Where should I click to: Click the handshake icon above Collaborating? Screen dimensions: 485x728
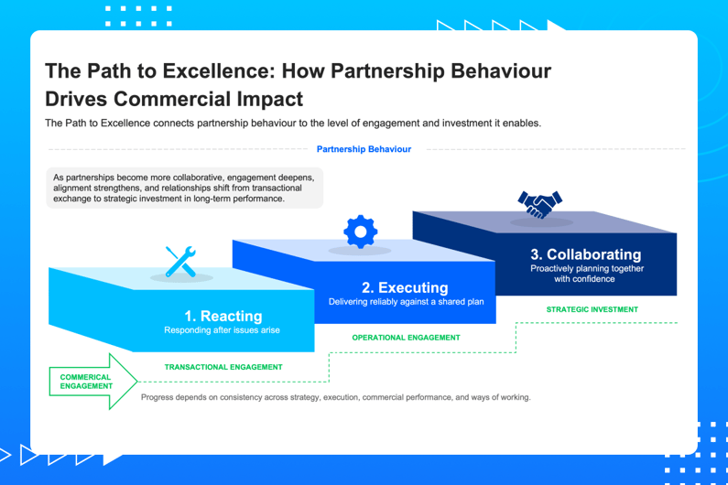tap(540, 202)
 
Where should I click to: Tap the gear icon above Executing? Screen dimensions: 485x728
tap(360, 232)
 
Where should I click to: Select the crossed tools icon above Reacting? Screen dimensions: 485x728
tap(180, 262)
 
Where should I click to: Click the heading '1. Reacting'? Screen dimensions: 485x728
tap(223, 317)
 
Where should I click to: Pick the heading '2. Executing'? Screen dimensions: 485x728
tap(405, 287)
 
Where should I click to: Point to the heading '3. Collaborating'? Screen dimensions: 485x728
tap(586, 254)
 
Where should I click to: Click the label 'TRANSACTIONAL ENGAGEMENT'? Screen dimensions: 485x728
tap(223, 367)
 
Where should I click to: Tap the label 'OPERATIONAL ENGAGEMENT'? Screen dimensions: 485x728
tap(406, 338)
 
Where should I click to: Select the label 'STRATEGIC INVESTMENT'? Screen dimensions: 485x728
tap(592, 309)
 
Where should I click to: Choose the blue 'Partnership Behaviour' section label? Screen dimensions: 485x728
tap(364, 149)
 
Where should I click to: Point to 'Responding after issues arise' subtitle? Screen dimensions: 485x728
tap(223, 330)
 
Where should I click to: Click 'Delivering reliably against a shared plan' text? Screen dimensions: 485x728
tap(406, 301)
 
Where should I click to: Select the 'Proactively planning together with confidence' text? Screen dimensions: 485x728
tap(586, 274)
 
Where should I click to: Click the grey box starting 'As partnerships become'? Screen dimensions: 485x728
tap(184, 188)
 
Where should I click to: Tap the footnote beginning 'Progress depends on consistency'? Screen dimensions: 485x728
tap(335, 397)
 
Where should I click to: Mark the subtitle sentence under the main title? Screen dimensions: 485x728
tap(293, 124)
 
